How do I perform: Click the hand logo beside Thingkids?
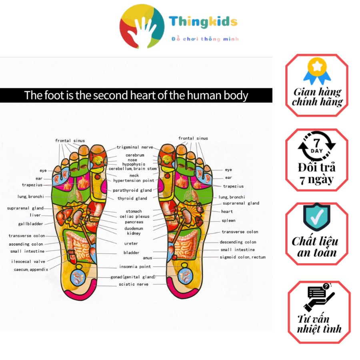(142, 26)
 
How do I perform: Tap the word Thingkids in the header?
(203, 22)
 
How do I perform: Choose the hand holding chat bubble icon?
(319, 297)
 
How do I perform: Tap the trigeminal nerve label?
(135, 148)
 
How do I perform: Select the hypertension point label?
(136, 181)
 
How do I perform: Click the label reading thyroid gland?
(132, 198)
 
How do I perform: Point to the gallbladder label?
(30, 224)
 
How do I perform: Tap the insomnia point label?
(135, 267)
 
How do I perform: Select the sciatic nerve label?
(133, 284)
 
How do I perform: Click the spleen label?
(228, 221)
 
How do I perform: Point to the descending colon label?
(238, 242)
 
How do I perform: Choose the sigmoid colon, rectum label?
(242, 257)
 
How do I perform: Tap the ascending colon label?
(26, 244)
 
